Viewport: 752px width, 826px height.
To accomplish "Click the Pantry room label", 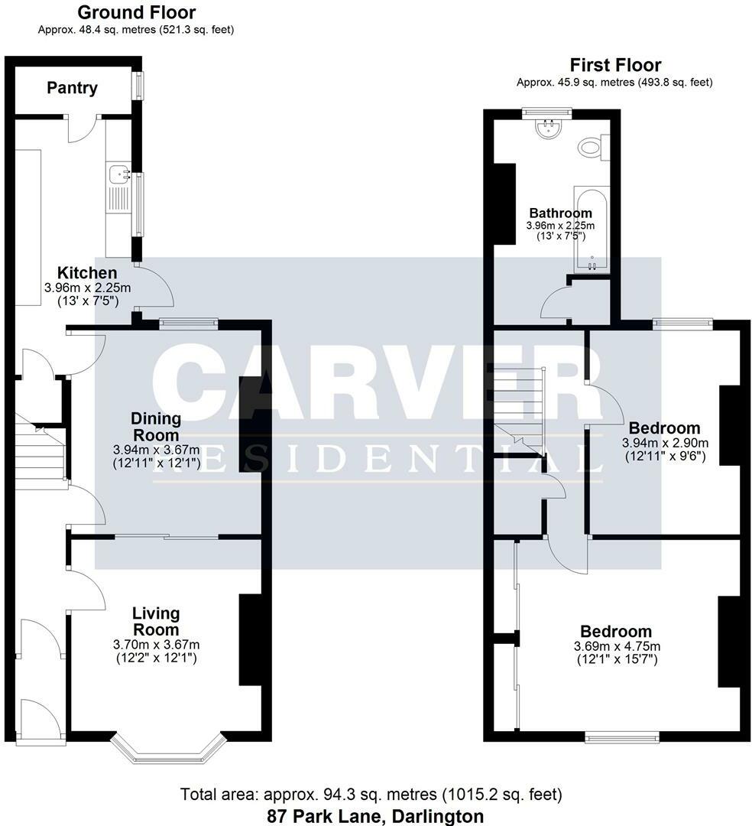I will click(73, 88).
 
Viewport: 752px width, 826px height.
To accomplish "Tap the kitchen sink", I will click(118, 176).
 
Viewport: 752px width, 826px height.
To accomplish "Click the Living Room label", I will click(156, 621).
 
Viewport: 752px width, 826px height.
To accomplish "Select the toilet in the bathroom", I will click(592, 146).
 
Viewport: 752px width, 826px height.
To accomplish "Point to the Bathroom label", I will click(560, 213).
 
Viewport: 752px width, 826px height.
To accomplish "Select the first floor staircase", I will click(518, 405).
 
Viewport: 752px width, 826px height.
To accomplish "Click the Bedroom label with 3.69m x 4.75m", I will click(616, 632).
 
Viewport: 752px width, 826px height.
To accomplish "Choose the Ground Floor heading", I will click(136, 12).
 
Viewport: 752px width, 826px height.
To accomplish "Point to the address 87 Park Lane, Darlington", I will click(375, 815).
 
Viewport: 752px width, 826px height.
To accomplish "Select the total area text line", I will click(375, 795).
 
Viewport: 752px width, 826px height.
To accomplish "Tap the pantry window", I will click(138, 85).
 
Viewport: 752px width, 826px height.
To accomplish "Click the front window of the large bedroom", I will click(622, 737).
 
